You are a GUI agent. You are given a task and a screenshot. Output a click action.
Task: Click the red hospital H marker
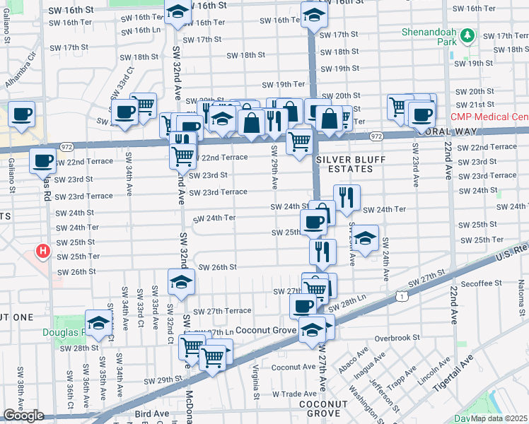coord(43,251)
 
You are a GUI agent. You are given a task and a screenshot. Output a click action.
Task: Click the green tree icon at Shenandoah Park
coord(467,35)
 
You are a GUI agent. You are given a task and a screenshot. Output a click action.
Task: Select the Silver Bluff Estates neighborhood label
coord(344,165)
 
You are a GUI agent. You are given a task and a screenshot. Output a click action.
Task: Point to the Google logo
coord(23,416)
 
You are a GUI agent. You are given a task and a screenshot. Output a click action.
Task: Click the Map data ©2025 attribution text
coord(499,418)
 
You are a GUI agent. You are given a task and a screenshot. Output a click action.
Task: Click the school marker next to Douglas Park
coord(99,322)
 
